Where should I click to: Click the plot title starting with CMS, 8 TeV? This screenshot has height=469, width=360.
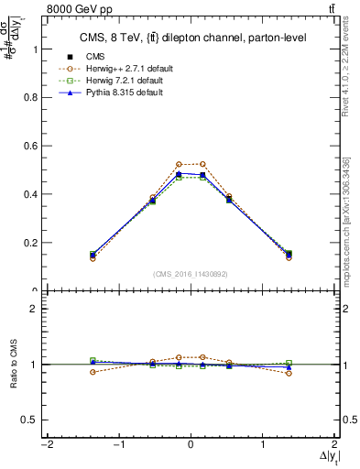(191, 38)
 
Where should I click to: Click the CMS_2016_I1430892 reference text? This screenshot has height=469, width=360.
(190, 274)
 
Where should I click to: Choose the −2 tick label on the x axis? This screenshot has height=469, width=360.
(45, 445)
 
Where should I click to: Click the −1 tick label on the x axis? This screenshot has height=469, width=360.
(117, 445)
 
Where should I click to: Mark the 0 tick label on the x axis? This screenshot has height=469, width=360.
(191, 445)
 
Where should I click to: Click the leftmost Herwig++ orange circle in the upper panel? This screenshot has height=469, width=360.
(118, 258)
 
